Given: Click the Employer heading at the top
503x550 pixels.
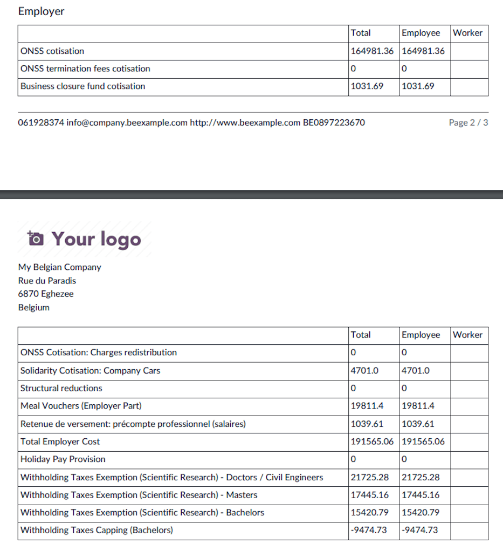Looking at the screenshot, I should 42,11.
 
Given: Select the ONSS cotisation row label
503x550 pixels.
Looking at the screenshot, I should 52,51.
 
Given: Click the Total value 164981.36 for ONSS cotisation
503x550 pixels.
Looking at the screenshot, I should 372,51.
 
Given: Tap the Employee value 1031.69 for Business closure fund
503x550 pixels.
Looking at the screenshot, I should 418,86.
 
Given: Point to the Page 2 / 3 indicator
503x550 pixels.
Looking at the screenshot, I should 468,123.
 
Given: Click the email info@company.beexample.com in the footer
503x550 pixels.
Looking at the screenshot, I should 127,123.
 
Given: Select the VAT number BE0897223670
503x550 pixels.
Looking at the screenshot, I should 334,123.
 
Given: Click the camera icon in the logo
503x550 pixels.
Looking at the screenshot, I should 36,238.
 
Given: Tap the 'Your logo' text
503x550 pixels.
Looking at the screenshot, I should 97,239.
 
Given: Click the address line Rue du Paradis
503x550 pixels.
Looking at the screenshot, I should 47,281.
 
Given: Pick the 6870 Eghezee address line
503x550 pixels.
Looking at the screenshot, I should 46,294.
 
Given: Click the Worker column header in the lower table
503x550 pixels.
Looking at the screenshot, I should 467,335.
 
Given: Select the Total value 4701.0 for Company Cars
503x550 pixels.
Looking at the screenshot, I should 364,371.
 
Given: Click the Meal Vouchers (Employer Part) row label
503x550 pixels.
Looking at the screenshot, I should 81,406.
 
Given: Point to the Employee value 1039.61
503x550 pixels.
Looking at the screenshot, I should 418,424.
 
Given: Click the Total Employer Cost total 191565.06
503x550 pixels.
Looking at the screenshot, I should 372,442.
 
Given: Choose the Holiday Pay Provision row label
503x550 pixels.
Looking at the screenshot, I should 63,459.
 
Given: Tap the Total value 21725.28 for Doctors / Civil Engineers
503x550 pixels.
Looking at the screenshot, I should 369,477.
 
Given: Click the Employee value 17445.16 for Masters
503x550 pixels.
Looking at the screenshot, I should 421,495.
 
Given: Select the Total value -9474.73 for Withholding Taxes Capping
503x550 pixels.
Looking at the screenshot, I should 369,530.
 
